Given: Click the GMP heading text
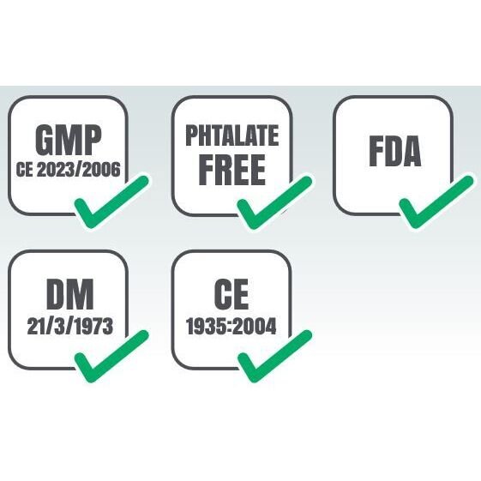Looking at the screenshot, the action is click(x=68, y=141).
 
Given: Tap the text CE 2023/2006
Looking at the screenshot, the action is click(x=68, y=170).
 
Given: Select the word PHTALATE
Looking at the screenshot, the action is click(x=232, y=135).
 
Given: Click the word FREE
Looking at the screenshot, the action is click(x=231, y=170).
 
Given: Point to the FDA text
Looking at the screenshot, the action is click(x=394, y=151).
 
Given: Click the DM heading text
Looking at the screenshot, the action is click(x=70, y=294).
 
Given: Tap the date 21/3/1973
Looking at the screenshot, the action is click(x=70, y=326).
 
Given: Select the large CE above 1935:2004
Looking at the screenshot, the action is click(x=231, y=294).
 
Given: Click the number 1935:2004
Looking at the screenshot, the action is click(x=231, y=326).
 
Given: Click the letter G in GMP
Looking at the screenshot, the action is click(x=46, y=141).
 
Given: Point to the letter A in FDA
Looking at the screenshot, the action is click(x=410, y=151).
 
